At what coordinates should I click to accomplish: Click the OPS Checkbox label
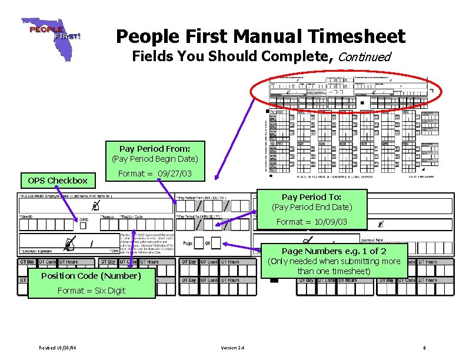(54, 181)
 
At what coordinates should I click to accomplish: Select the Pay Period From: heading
(155, 149)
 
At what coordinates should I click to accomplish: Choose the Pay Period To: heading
(311, 196)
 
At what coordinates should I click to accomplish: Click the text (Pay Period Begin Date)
(155, 159)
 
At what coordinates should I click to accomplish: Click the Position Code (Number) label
(91, 275)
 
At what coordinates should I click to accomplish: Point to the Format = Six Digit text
(91, 290)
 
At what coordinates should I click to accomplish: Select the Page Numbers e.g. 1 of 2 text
(334, 251)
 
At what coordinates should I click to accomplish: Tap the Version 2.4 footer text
(233, 348)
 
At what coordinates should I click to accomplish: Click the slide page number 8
(424, 348)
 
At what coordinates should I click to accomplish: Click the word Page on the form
(188, 243)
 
